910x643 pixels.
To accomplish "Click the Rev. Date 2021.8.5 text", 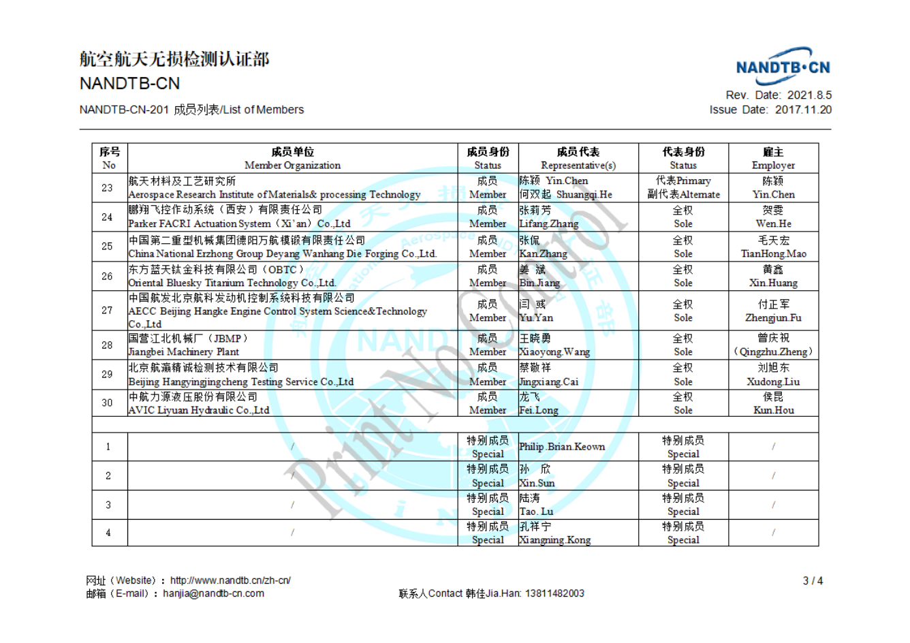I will point(779,95).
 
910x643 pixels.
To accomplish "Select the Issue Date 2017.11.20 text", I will point(770,110).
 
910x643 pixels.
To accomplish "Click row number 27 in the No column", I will point(108,311).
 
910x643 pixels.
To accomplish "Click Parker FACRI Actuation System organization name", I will point(239,223).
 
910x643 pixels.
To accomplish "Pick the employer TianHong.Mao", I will point(773,253).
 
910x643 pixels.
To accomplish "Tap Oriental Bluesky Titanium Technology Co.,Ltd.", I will point(232,283).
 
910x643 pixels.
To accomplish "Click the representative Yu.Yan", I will point(536,318).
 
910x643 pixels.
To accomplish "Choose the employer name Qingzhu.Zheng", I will point(773,352).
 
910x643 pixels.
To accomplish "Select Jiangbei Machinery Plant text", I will point(184,352).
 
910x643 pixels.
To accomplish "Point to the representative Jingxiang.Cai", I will point(548,382).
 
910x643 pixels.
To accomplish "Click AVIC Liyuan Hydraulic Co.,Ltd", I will point(199,411).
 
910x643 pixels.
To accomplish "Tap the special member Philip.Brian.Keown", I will point(562,447).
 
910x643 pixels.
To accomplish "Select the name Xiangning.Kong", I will point(554,540).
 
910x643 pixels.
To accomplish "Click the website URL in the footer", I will point(230,580).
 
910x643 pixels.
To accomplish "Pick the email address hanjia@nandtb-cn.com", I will point(213,593).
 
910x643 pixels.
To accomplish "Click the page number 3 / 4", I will point(813,581).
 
